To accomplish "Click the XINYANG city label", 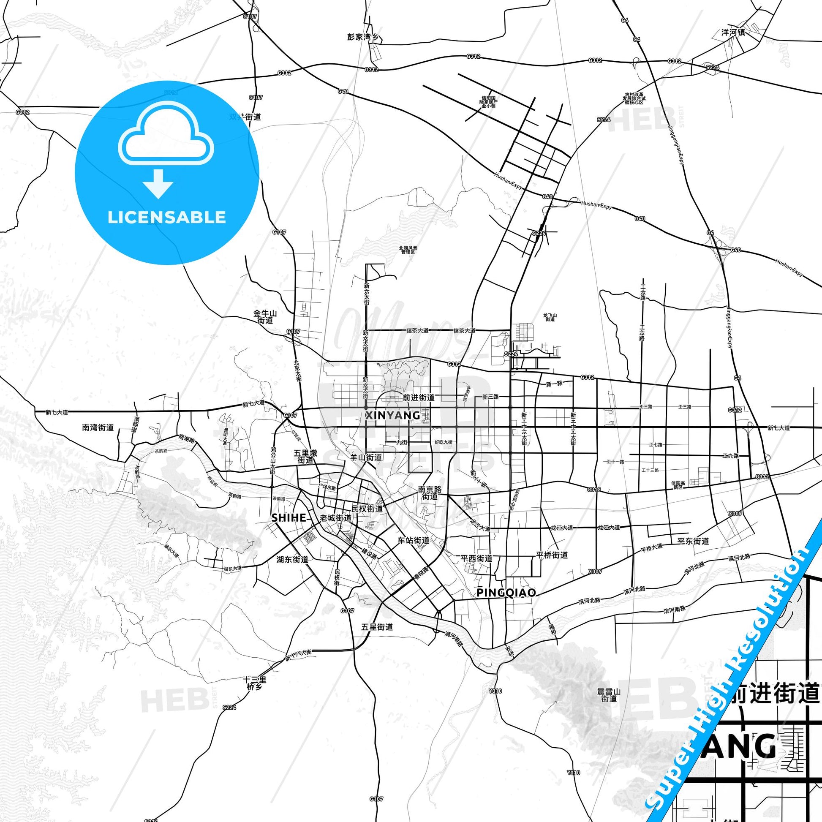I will click(392, 415).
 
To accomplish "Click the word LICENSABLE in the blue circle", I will click(167, 217).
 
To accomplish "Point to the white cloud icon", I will click(167, 133).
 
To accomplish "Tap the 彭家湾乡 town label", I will click(362, 37).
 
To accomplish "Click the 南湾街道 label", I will click(98, 427).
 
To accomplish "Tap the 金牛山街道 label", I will click(265, 317).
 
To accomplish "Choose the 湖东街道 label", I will click(292, 560).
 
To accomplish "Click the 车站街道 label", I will click(413, 540).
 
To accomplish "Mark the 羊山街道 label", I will click(365, 457).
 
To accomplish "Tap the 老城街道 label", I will click(336, 518).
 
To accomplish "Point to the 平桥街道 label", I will click(552, 555).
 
